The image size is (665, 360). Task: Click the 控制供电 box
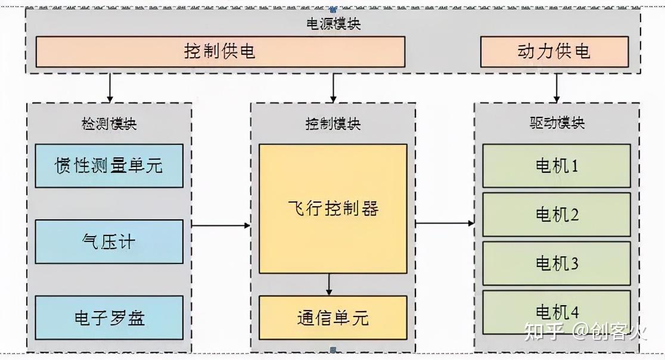tap(220, 51)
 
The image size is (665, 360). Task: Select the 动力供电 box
tap(554, 51)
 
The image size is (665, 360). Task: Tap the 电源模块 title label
tap(332, 24)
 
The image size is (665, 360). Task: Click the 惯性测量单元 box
tap(109, 166)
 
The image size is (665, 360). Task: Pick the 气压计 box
tap(109, 241)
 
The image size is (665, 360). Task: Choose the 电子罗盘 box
tap(109, 317)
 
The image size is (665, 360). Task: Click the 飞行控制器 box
tap(332, 209)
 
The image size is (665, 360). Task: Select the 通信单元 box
tap(332, 317)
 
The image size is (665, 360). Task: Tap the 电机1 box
tap(557, 166)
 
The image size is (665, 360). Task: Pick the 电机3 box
tap(557, 263)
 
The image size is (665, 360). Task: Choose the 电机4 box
tap(557, 311)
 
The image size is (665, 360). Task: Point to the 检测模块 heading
tap(109, 124)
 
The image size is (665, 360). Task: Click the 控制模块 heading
tap(332, 124)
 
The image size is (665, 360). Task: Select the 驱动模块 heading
tap(557, 123)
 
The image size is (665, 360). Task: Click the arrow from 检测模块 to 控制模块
tap(221, 225)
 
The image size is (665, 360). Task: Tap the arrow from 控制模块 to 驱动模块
tap(445, 224)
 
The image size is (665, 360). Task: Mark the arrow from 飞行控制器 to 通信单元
tap(329, 284)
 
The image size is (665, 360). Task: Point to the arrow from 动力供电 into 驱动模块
tap(557, 88)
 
